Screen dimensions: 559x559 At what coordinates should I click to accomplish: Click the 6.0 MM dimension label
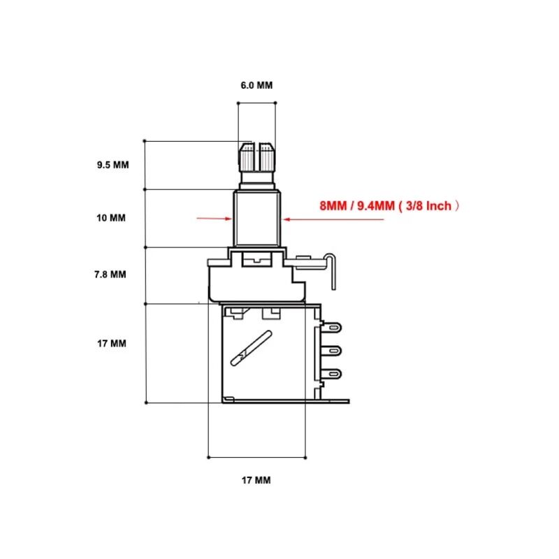[256, 85]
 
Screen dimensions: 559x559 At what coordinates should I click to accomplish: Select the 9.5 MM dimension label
[113, 166]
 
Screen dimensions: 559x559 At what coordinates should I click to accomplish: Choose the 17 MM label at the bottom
[256, 481]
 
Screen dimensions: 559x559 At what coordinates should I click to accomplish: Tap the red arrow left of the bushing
[214, 219]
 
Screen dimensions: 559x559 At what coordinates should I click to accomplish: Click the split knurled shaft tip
[256, 161]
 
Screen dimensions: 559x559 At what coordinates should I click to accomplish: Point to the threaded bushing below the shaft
[256, 217]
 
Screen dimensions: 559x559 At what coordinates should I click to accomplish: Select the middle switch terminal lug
[333, 350]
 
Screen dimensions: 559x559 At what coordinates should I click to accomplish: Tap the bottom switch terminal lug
[333, 373]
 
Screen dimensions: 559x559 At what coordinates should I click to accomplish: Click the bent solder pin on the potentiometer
[333, 273]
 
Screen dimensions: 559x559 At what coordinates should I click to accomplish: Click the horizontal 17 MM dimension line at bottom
[257, 457]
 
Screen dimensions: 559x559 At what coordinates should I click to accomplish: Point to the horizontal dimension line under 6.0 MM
[256, 103]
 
